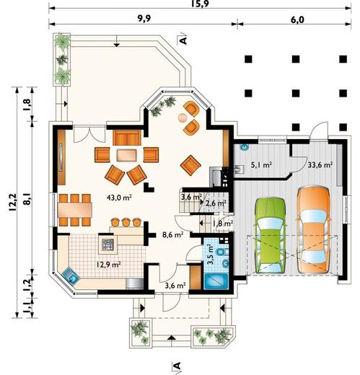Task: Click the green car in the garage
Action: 271,235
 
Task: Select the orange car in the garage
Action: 314,229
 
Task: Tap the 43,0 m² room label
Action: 119,198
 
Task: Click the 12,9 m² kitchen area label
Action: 109,265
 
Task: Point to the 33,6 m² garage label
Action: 320,165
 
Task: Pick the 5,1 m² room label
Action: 261,165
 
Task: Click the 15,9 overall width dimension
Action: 201,4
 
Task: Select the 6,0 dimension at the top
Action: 297,19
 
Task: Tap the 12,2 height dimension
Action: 12,202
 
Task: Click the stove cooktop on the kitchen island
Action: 107,244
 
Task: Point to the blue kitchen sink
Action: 71,276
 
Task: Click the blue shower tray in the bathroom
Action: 216,281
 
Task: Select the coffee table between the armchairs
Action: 127,155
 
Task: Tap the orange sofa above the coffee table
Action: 127,138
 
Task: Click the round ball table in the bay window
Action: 183,118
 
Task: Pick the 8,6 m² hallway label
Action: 173,235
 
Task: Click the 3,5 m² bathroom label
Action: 211,255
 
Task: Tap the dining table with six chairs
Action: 75,210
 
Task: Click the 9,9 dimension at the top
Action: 144,19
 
